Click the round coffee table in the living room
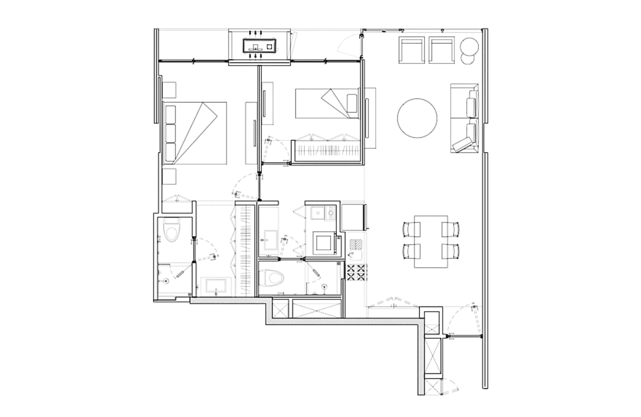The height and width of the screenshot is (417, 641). coord(417,118)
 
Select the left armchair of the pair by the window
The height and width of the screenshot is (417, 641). coord(412,50)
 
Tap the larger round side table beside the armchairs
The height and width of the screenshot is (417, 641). coord(469,46)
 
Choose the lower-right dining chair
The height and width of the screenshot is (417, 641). coord(450,251)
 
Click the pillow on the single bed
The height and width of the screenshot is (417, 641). coord(352,103)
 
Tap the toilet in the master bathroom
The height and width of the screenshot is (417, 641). coord(171,230)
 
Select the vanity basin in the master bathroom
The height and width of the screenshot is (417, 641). coord(216,286)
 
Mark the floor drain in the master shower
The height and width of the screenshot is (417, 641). coord(166,281)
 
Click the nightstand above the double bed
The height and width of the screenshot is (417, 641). coord(169,90)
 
